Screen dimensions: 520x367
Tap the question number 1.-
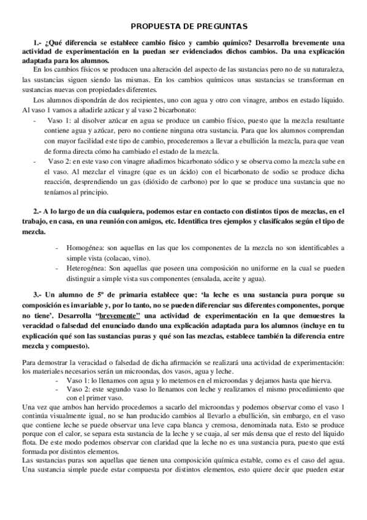(39, 43)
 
